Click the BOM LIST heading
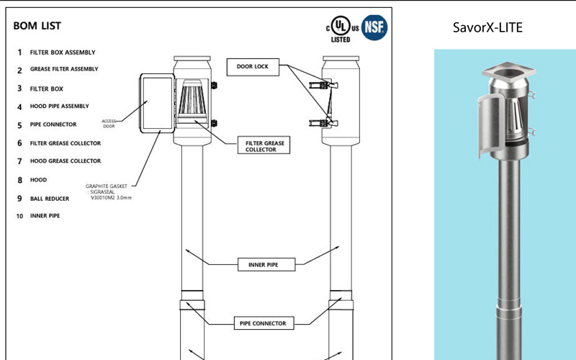pos(37,26)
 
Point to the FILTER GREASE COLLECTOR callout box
pos(264,146)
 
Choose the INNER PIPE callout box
pos(258,265)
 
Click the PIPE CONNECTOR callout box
pos(262,323)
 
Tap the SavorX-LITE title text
pos(487,28)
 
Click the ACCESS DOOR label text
pos(109,122)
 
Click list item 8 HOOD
pos(37,179)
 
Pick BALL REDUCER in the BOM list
pos(50,198)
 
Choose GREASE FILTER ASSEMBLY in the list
pos(64,70)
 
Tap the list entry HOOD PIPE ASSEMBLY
pos(60,107)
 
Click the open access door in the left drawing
pos(156,102)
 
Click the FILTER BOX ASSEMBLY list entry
pos(63,53)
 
